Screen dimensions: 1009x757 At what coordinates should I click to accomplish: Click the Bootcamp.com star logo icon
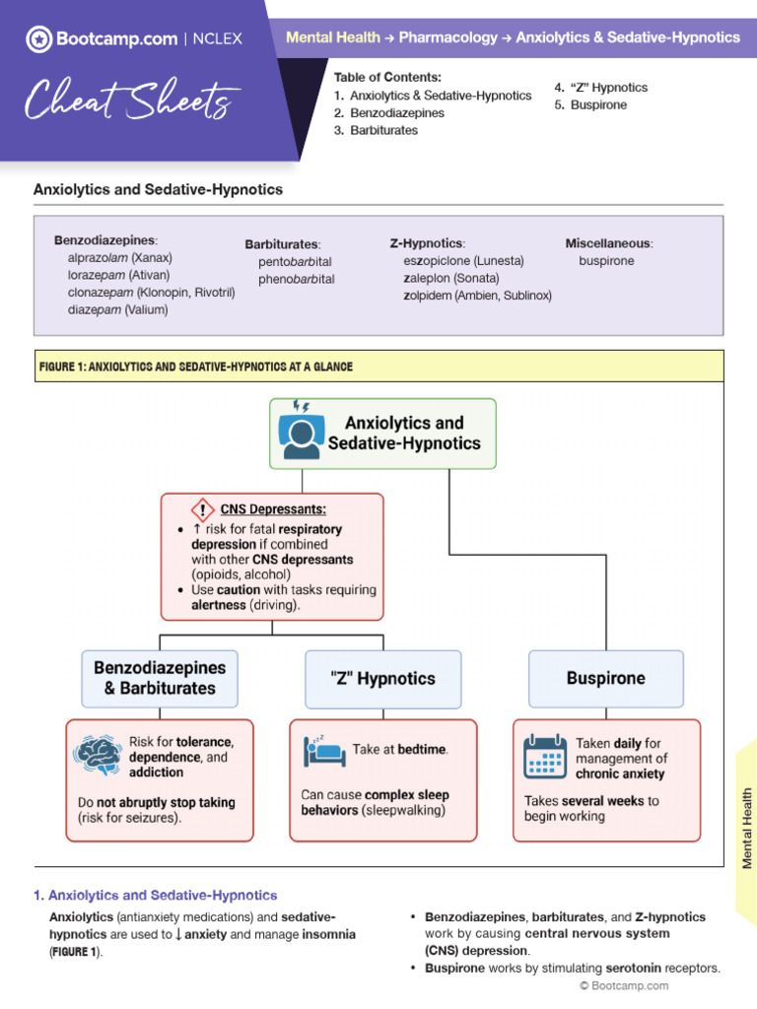[x=39, y=39]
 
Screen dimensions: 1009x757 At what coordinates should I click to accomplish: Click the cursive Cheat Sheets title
[x=132, y=100]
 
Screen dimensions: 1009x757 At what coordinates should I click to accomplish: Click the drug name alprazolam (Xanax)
[x=119, y=257]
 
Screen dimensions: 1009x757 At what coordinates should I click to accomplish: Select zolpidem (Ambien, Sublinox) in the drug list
[x=477, y=295]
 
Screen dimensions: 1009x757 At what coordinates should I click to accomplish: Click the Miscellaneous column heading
[x=608, y=243]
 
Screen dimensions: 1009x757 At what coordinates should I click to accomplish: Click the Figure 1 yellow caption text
[x=195, y=367]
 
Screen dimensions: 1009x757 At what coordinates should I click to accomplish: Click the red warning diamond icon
[x=202, y=509]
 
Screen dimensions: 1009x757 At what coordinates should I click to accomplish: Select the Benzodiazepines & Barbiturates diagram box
[x=160, y=678]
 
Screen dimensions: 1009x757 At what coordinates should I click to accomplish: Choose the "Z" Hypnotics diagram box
[x=382, y=678]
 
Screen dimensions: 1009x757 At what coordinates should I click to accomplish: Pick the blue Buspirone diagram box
[x=605, y=678]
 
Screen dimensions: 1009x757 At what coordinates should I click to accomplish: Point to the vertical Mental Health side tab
[x=746, y=828]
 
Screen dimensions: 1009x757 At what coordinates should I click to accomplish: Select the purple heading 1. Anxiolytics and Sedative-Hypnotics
[x=156, y=896]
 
